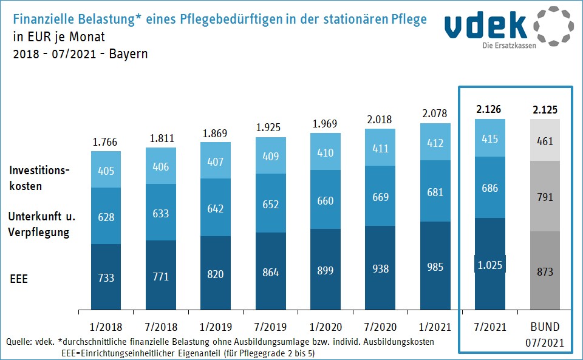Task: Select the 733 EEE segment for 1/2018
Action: tap(106, 278)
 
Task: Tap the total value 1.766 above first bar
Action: tap(106, 143)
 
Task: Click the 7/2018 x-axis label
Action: tap(161, 327)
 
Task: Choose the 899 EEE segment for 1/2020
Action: tap(326, 270)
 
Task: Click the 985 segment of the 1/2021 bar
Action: tap(435, 266)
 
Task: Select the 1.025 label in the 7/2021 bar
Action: tap(489, 264)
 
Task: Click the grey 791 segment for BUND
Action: tap(545, 197)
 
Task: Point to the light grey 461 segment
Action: tap(545, 141)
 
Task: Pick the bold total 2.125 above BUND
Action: tap(545, 110)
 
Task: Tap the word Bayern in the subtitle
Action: tap(128, 53)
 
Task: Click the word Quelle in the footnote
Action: tap(19, 342)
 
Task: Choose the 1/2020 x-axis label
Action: tap(326, 327)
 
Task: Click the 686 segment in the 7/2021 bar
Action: tap(489, 188)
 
